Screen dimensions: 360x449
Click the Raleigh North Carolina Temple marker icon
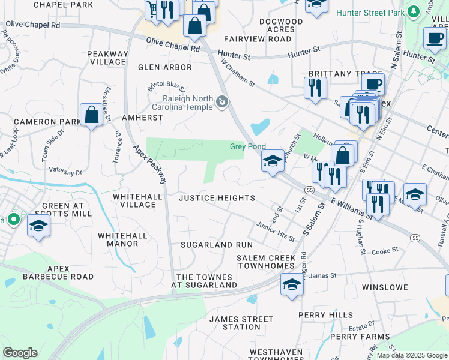click(223, 103)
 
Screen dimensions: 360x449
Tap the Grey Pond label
click(248, 146)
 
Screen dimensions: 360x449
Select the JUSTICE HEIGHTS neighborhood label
click(217, 198)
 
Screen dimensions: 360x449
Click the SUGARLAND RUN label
click(217, 245)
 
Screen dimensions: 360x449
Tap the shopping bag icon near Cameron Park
click(91, 114)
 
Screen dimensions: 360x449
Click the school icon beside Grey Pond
click(273, 160)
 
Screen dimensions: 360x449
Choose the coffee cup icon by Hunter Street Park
click(434, 38)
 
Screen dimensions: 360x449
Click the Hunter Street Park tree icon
click(413, 12)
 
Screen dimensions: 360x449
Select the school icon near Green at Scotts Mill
click(39, 226)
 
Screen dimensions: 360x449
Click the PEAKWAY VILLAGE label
click(108, 58)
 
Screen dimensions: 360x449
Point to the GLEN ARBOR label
click(165, 67)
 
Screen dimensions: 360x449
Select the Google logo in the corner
click(20, 353)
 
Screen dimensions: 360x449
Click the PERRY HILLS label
click(326, 314)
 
